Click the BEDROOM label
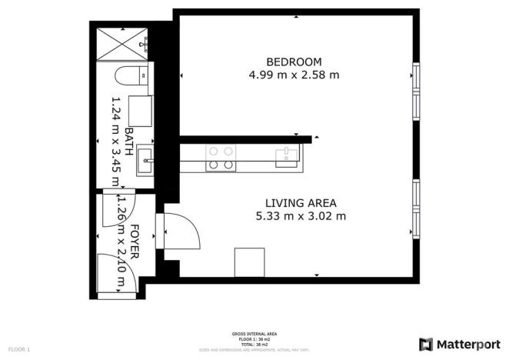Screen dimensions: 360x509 [294, 62]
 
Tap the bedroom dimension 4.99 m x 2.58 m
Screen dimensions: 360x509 [294, 75]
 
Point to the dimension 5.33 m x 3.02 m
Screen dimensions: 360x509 [300, 216]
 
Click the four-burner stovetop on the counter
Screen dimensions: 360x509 [221, 158]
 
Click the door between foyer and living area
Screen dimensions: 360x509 [178, 230]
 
